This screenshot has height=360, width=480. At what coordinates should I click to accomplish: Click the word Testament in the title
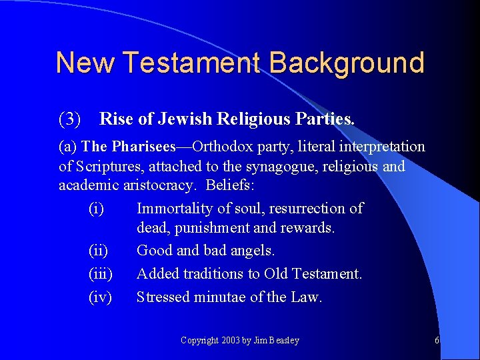point(193,63)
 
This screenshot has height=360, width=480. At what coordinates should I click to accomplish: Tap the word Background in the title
point(347,63)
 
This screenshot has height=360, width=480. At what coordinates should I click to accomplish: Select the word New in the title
point(85,63)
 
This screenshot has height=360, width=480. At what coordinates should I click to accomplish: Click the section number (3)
point(70,119)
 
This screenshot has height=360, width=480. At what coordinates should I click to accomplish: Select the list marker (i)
point(96,209)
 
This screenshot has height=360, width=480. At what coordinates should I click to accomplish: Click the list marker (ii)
point(98,251)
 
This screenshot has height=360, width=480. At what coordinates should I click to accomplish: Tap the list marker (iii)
point(100,274)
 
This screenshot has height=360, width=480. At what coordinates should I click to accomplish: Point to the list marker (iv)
point(100,297)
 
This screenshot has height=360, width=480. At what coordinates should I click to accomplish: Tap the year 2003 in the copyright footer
point(229,341)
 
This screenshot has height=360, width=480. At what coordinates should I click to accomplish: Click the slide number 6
point(437,341)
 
